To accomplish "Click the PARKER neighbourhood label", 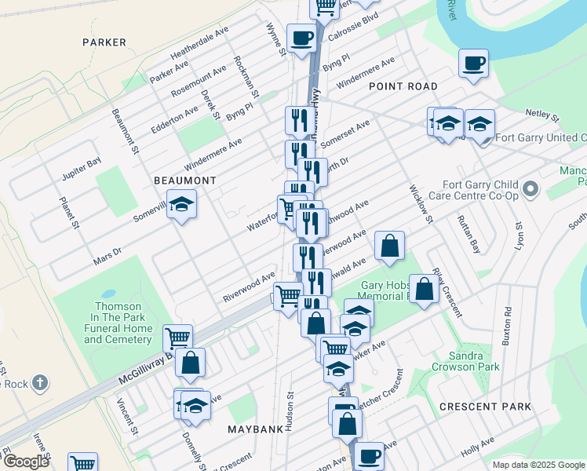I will (x=103, y=42).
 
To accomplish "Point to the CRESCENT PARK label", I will (x=485, y=407).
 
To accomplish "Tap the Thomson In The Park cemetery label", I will (x=118, y=323).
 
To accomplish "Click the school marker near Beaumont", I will (x=181, y=205).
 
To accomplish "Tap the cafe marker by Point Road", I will (x=472, y=63).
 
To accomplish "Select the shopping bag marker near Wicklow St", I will (x=389, y=246).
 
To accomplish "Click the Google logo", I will (x=25, y=462).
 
